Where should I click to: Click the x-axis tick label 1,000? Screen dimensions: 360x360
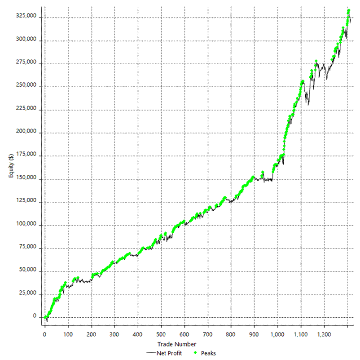click(277, 335)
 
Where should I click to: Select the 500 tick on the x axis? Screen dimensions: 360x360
click(161, 335)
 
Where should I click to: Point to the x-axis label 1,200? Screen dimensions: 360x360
click(324, 335)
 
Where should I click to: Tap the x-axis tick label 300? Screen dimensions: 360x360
click(114, 335)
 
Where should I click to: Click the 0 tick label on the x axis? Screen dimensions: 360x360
click(44, 335)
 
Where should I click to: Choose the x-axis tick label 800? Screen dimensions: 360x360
click(231, 335)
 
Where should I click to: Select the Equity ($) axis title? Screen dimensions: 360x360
click(11, 165)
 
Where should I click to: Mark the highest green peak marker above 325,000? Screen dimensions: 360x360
click(349, 10)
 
